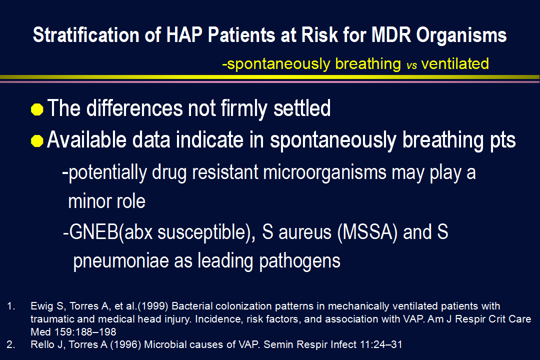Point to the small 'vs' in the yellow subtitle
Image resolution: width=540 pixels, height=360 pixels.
411,65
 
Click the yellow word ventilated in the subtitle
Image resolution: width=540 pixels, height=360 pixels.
455,63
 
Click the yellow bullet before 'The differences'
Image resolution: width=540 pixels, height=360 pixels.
37,109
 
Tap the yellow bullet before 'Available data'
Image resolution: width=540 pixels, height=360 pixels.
37,141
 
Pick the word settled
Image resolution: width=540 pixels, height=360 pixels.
302,108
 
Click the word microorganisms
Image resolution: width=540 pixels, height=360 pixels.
324,172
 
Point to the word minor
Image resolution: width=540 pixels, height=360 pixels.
89,201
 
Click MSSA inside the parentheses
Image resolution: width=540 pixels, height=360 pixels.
368,232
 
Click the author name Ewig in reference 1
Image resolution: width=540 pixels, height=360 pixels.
42,306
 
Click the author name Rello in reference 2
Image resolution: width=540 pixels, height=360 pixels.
42,344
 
